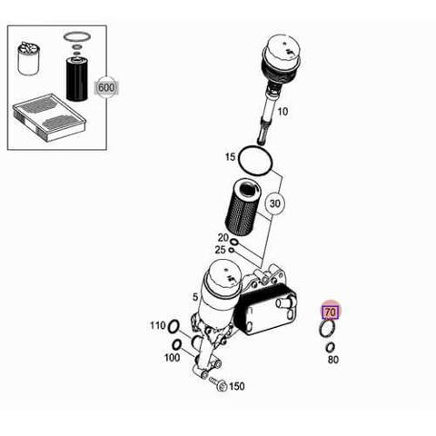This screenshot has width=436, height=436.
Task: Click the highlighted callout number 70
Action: (331, 312)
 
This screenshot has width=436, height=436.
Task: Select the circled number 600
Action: (106, 88)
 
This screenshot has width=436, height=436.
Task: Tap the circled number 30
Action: (274, 203)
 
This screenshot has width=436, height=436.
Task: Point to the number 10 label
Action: (282, 112)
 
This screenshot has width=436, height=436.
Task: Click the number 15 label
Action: (230, 157)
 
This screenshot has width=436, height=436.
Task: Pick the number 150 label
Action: (237, 386)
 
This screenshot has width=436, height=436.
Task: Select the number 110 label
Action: (158, 326)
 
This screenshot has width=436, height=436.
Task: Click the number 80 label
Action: (333, 360)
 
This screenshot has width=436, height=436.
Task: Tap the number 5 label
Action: (195, 297)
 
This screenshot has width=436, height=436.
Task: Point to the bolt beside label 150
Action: (217, 382)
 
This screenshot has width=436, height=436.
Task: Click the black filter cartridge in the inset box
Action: (77, 78)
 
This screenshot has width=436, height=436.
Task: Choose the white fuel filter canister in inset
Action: (28, 59)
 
